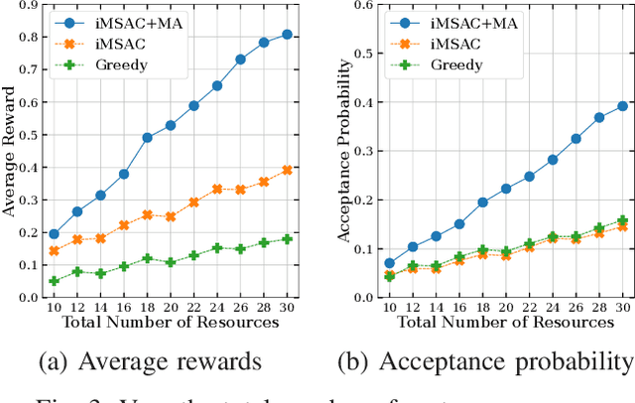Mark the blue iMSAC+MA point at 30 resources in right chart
coord(624,105)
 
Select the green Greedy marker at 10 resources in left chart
coord(54,281)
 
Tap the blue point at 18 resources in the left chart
coord(147,138)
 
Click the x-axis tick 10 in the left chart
coord(54,308)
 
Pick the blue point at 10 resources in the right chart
coord(389,263)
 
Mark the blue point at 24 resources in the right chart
coord(553,160)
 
